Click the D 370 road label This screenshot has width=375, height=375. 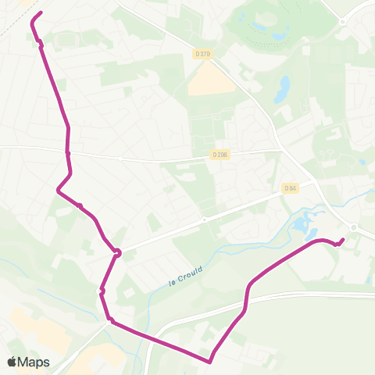tap(204, 54)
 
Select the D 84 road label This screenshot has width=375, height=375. tap(291, 188)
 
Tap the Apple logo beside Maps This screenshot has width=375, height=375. tap(12, 362)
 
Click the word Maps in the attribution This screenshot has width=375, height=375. tap(34, 362)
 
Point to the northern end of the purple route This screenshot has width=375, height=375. tap(41, 12)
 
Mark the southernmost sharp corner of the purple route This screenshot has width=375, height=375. tap(210, 362)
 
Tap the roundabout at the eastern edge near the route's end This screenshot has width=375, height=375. tap(354, 227)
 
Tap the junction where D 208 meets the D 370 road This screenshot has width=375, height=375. tap(282, 150)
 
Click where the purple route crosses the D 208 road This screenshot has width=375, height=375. tap(68, 152)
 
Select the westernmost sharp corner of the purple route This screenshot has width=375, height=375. tap(58, 189)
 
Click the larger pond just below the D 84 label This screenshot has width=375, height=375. tap(300, 227)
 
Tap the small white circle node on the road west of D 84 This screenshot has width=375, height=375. tap(204, 220)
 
